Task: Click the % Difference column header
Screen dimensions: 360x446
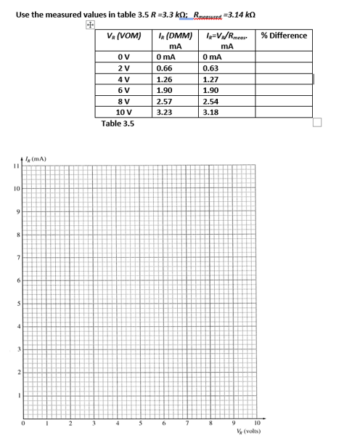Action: coord(284,36)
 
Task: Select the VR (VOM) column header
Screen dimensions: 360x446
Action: coord(123,36)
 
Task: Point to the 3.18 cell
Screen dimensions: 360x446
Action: coord(213,113)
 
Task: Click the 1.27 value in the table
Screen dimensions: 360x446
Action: coord(213,80)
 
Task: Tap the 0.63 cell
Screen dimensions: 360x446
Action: coord(213,69)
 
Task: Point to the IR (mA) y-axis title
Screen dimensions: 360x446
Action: coord(35,158)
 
